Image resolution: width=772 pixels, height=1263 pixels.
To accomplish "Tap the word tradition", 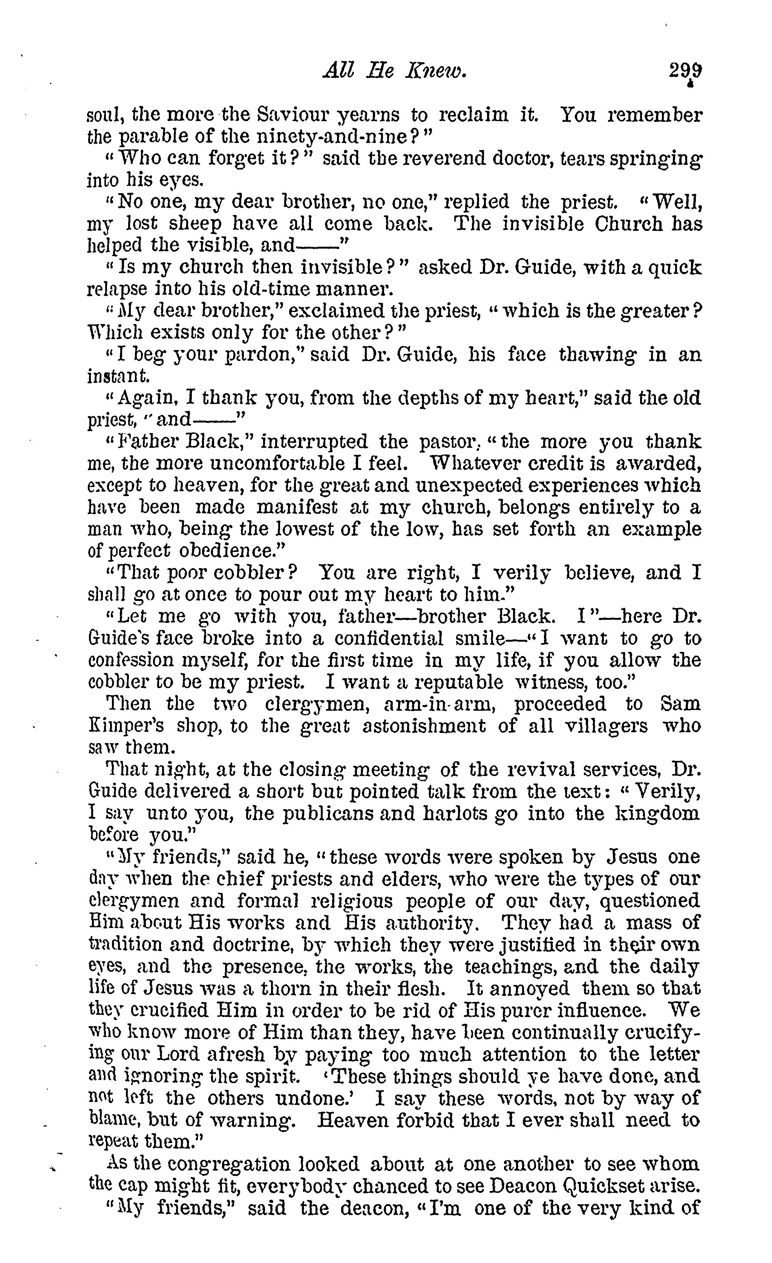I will [x=124, y=944].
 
